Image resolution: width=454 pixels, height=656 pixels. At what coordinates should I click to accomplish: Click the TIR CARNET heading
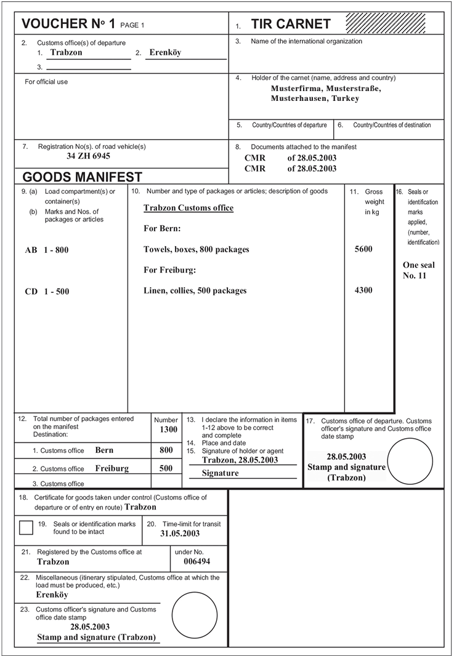(291, 25)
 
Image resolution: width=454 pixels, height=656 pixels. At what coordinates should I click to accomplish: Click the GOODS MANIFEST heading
(83, 177)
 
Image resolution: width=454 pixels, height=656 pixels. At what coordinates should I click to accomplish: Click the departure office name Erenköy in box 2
(165, 53)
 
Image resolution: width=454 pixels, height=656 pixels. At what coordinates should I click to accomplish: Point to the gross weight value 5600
(363, 250)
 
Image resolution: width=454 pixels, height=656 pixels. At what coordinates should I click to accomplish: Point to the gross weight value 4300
(363, 290)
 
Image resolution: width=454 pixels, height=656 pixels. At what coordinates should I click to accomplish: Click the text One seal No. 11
(418, 271)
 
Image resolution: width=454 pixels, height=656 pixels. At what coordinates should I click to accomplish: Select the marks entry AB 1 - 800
(47, 250)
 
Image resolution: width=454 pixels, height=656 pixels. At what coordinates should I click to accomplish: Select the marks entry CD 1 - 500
(47, 291)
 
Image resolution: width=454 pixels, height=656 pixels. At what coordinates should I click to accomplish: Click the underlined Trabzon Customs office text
(188, 208)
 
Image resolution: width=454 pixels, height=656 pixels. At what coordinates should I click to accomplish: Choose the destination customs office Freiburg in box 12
(112, 468)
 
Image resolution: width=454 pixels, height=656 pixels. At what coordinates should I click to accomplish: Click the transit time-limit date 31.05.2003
(180, 534)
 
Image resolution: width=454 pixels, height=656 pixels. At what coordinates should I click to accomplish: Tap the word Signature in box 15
(221, 473)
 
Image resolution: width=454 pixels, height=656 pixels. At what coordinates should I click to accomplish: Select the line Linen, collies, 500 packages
(195, 290)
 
